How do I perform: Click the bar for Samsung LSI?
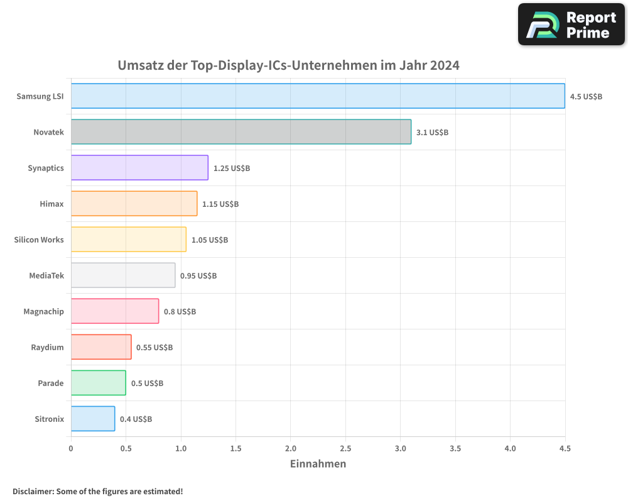pyautogui.click(x=318, y=96)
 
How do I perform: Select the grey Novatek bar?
pyautogui.click(x=241, y=132)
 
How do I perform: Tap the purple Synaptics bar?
pyautogui.click(x=139, y=168)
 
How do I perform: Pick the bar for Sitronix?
pyautogui.click(x=93, y=419)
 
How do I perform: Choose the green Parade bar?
pyautogui.click(x=98, y=383)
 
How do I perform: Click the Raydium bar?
pyautogui.click(x=101, y=347)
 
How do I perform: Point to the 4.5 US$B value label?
pyautogui.click(x=586, y=97)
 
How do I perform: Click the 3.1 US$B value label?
pyautogui.click(x=432, y=133)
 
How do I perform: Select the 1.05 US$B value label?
pyautogui.click(x=210, y=240)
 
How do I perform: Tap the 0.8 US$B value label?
pyautogui.click(x=180, y=312)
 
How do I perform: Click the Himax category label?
pyautogui.click(x=51, y=204)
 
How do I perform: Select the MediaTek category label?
pyautogui.click(x=46, y=275)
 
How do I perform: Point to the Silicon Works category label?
pyautogui.click(x=39, y=240)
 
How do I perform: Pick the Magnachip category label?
pyautogui.click(x=43, y=311)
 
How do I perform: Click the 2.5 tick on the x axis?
pyautogui.click(x=345, y=448)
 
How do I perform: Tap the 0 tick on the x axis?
pyautogui.click(x=71, y=448)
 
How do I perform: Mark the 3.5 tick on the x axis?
pyautogui.click(x=455, y=448)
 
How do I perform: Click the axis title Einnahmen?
pyautogui.click(x=318, y=464)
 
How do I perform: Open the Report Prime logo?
pyautogui.click(x=571, y=25)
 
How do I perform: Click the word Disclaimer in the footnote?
pyautogui.click(x=33, y=492)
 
